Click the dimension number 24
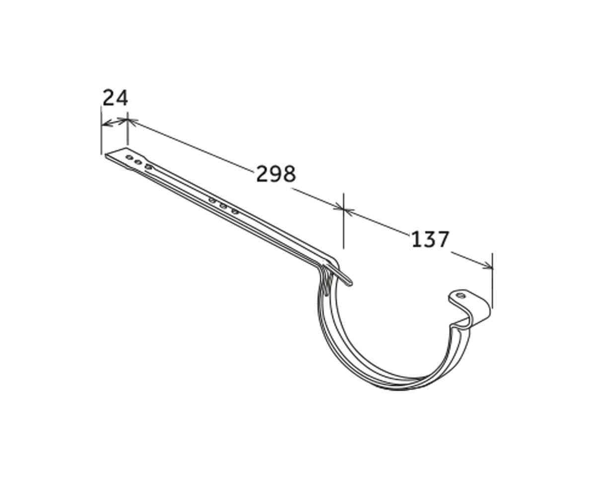coord(115,98)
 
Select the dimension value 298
coord(276,174)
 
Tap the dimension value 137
coord(430,239)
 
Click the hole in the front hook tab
coord(460,296)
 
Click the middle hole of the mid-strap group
coord(223,206)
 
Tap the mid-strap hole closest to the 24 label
coord(212,200)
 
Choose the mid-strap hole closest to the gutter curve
coord(234,212)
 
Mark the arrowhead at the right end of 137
coord(489,267)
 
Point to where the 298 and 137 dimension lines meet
coord(343,210)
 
